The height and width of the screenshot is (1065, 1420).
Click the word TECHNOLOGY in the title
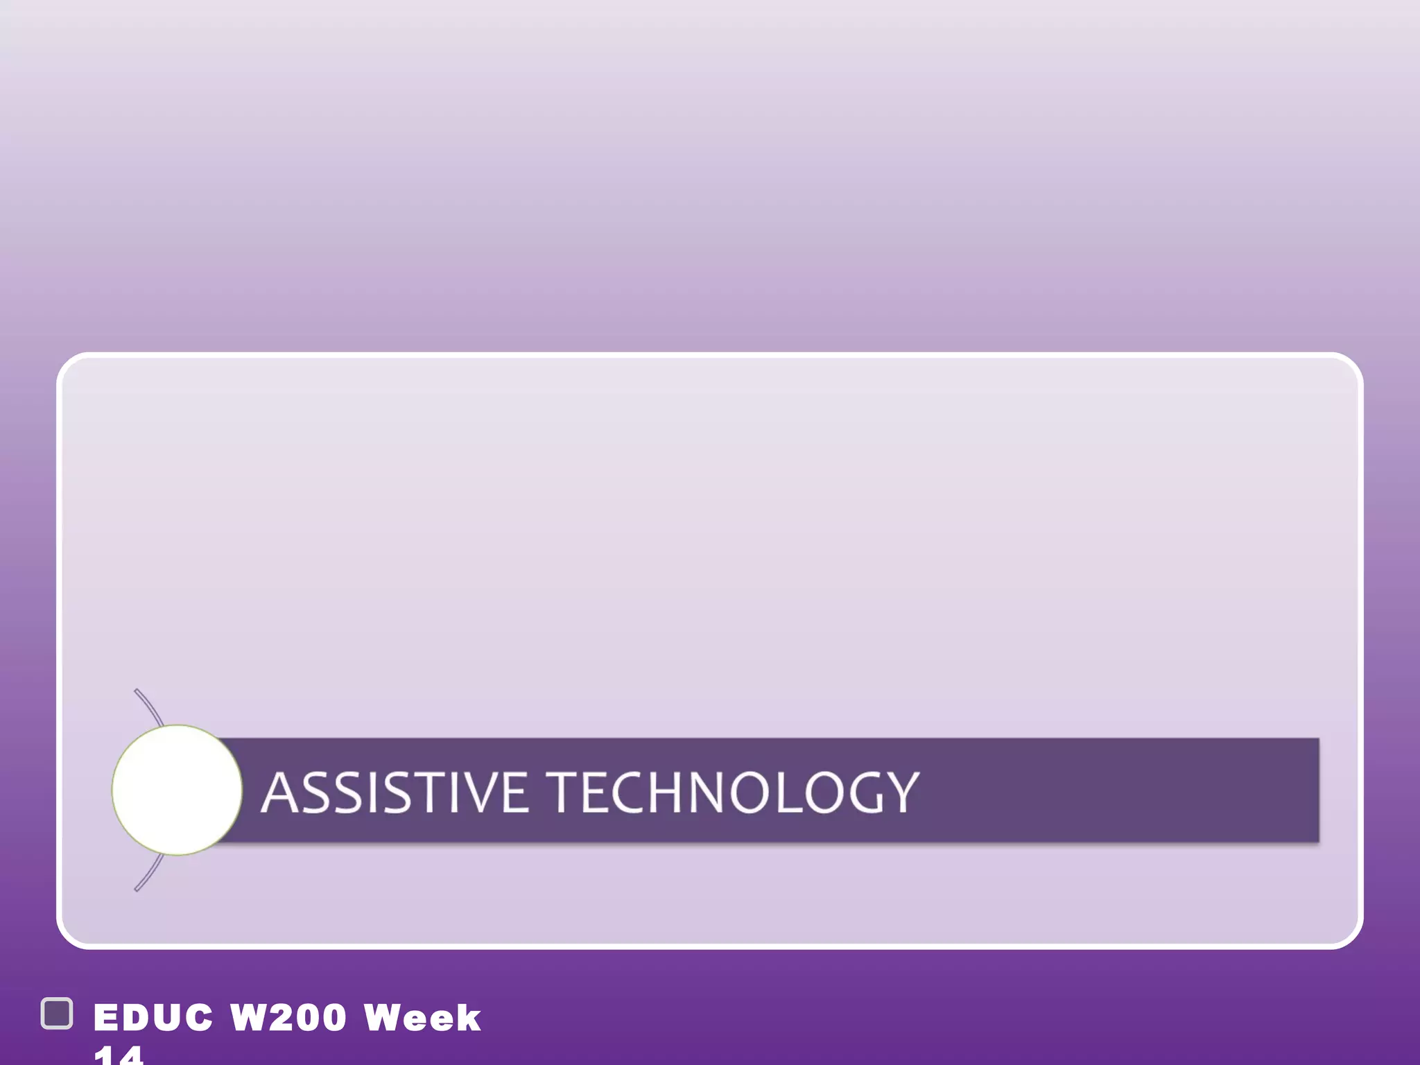tap(735, 793)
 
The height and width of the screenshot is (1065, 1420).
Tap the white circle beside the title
tap(177, 790)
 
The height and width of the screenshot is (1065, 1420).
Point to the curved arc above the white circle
tap(150, 706)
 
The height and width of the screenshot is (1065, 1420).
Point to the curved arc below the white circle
tap(150, 874)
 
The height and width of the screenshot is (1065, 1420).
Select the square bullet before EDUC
tap(57, 1014)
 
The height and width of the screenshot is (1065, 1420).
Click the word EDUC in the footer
tap(153, 1018)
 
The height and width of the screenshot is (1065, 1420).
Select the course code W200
tap(288, 1018)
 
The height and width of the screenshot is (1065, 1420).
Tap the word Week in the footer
tap(422, 1018)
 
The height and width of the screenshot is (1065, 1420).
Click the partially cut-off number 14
tap(118, 1055)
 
